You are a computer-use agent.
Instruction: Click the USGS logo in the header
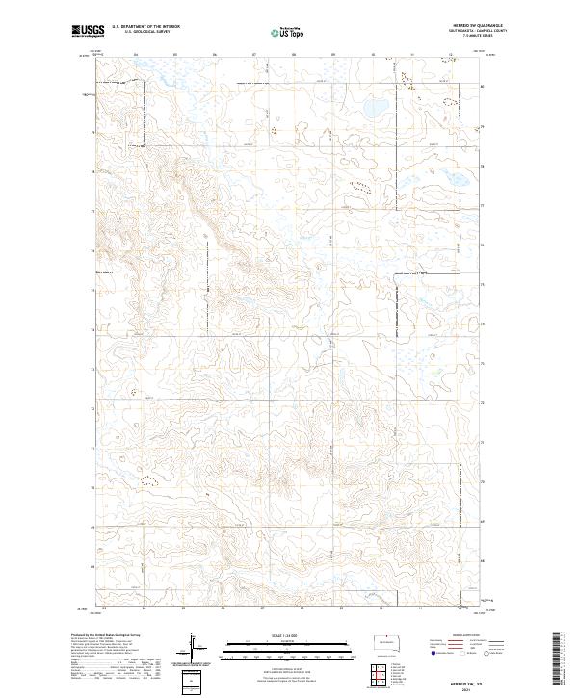[88, 32]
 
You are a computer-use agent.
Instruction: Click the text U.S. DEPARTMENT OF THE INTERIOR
[145, 27]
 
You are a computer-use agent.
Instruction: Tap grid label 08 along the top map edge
[293, 54]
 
